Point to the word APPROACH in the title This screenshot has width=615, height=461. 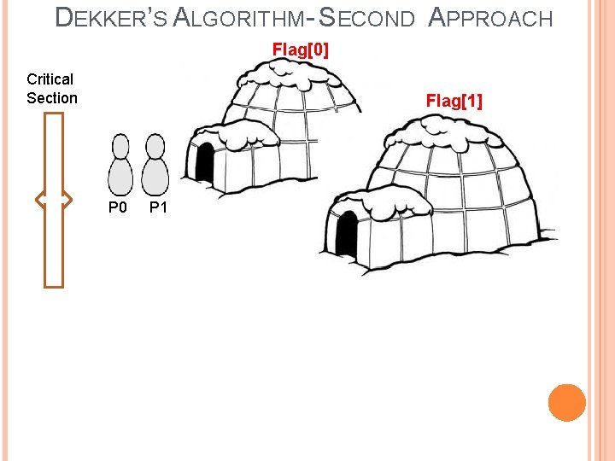click(489, 18)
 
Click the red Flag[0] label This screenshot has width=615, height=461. click(300, 50)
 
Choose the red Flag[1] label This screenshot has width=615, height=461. click(454, 102)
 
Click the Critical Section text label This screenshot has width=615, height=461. click(51, 89)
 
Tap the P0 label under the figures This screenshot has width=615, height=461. click(117, 207)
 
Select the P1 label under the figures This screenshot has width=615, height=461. click(158, 207)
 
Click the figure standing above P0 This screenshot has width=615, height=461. click(121, 166)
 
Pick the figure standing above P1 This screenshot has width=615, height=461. click(155, 166)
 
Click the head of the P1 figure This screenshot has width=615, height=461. click(155, 146)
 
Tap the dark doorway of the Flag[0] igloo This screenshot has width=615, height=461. click(205, 163)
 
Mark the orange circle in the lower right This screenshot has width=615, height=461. click(566, 402)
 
